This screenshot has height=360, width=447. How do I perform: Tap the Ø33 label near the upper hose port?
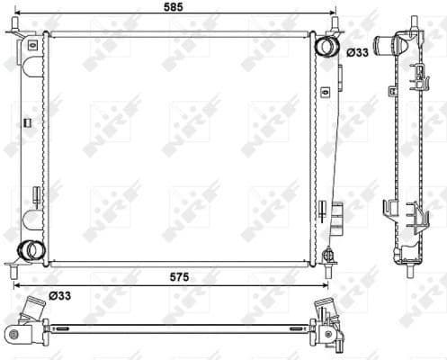[x=356, y=53]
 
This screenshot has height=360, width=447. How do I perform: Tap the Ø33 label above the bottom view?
[x=60, y=293]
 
